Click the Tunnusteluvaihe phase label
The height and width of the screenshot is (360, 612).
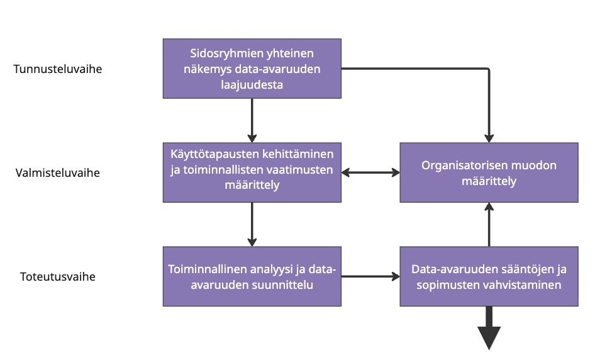(x=58, y=69)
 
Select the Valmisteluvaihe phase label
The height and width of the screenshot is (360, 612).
(x=58, y=172)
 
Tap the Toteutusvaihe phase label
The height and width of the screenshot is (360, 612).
(x=58, y=276)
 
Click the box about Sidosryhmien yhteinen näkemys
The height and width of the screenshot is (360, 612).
(x=252, y=68)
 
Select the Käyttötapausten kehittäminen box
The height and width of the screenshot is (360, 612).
(x=252, y=171)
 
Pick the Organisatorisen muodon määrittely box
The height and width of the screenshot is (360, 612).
(x=489, y=172)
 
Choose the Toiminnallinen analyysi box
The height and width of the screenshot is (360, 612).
(x=252, y=276)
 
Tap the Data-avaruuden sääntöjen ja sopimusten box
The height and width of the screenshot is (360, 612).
(x=489, y=276)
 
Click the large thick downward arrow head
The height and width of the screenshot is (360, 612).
(x=489, y=336)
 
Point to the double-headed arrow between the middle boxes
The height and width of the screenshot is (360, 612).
(x=371, y=171)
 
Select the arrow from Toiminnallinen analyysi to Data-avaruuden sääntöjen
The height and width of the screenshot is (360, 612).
(x=371, y=276)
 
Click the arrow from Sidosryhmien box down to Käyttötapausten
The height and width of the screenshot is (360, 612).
(x=252, y=120)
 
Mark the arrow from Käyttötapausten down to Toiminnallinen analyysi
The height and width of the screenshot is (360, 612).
(x=252, y=224)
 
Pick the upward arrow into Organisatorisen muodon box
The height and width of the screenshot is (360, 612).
(x=489, y=224)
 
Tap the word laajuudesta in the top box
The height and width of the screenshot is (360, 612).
(x=252, y=84)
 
